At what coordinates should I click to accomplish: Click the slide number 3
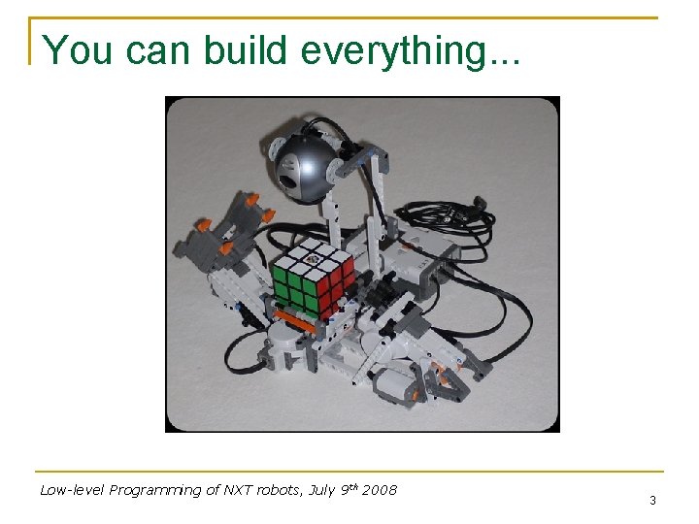[x=652, y=501]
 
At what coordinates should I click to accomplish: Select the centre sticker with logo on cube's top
[x=313, y=257]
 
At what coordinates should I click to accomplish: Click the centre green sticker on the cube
[x=295, y=287]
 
